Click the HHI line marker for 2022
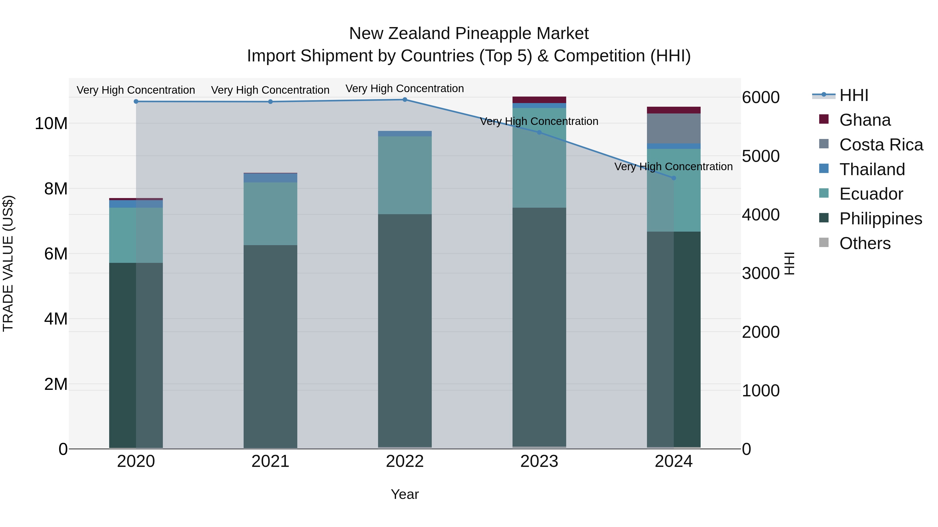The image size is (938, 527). (x=405, y=100)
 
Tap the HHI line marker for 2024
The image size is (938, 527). (x=673, y=178)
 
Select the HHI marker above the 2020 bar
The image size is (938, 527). (x=136, y=101)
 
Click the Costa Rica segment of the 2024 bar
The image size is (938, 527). (x=673, y=128)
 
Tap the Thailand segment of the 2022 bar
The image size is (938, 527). (x=405, y=134)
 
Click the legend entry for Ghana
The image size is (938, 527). (x=865, y=120)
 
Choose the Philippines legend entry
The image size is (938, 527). (x=880, y=219)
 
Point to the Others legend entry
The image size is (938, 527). (x=865, y=243)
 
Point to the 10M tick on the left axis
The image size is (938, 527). (x=51, y=124)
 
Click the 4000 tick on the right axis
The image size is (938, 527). (x=761, y=215)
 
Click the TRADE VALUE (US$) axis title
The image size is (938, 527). (x=8, y=263)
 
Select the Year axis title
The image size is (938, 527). (x=405, y=494)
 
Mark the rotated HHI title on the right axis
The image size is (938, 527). (x=789, y=263)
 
